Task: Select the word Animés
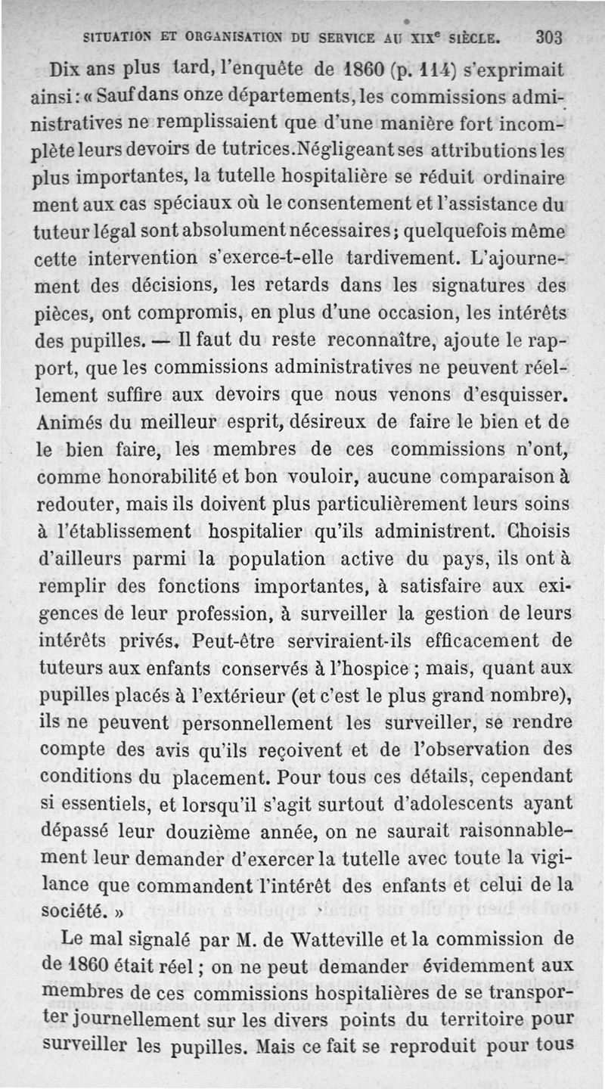[x=70, y=421]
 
